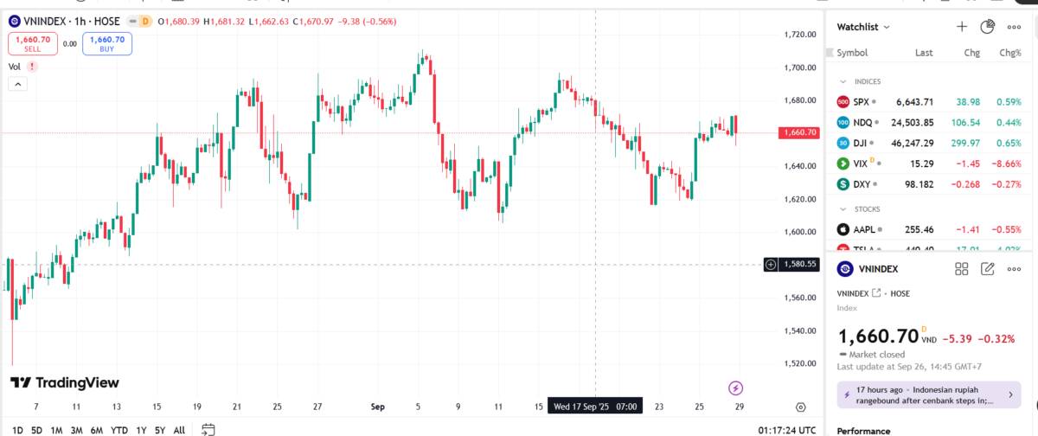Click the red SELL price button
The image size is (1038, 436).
(32, 43)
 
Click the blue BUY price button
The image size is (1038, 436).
(107, 43)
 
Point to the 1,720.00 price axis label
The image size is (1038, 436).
(799, 35)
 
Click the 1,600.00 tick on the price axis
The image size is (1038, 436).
(799, 232)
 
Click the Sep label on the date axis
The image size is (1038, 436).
(377, 406)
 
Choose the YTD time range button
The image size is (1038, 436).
(119, 430)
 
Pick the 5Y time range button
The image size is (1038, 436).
(160, 430)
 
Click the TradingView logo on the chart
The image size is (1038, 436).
(65, 383)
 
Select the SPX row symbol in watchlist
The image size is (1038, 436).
(861, 101)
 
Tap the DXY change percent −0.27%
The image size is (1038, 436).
(1003, 184)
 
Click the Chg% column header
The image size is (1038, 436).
(1009, 53)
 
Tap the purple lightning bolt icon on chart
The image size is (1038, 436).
(736, 388)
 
